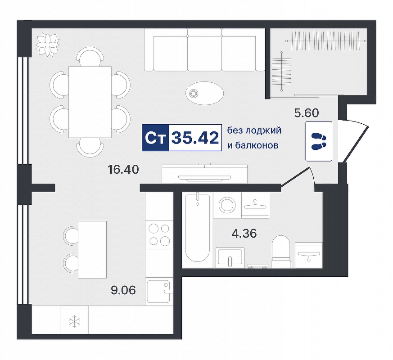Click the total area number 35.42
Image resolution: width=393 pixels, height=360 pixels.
(x=195, y=138)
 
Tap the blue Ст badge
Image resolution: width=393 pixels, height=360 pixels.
(x=156, y=138)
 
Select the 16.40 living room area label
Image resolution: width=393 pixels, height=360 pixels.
(x=123, y=170)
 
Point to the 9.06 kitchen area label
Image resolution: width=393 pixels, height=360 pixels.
(x=123, y=290)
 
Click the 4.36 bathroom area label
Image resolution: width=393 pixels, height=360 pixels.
(x=244, y=234)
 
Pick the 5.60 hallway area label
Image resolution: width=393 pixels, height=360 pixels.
(x=307, y=113)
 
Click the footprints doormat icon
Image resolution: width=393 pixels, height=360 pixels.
(x=319, y=141)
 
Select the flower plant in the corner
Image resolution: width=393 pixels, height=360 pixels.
(x=48, y=45)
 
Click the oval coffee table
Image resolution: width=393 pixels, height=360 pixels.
(x=204, y=94)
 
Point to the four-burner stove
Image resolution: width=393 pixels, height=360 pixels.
(x=159, y=235)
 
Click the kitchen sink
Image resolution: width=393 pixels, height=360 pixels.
(x=160, y=291)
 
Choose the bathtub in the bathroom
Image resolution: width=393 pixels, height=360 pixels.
(x=198, y=227)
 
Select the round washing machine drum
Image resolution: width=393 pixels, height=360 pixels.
(x=227, y=205)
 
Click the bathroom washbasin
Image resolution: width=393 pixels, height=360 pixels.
(x=230, y=257)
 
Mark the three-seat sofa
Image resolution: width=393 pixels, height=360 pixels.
(x=204, y=49)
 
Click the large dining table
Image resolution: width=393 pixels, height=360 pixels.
(x=90, y=102)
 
